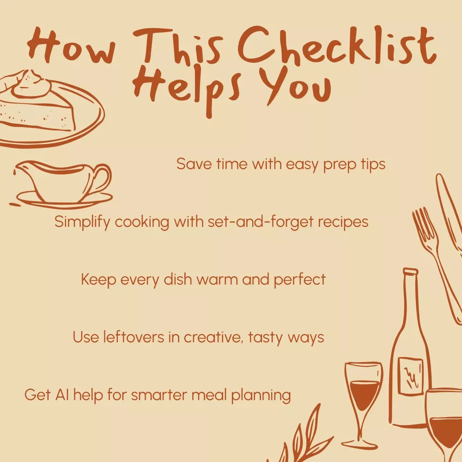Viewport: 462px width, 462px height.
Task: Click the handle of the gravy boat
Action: (102, 180)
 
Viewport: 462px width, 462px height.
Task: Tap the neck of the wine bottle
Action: (410, 298)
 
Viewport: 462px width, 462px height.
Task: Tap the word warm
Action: (217, 280)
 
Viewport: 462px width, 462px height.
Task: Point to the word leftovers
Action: (134, 337)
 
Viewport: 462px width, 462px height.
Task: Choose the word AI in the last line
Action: (62, 395)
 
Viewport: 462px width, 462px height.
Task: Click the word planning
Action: (261, 395)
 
